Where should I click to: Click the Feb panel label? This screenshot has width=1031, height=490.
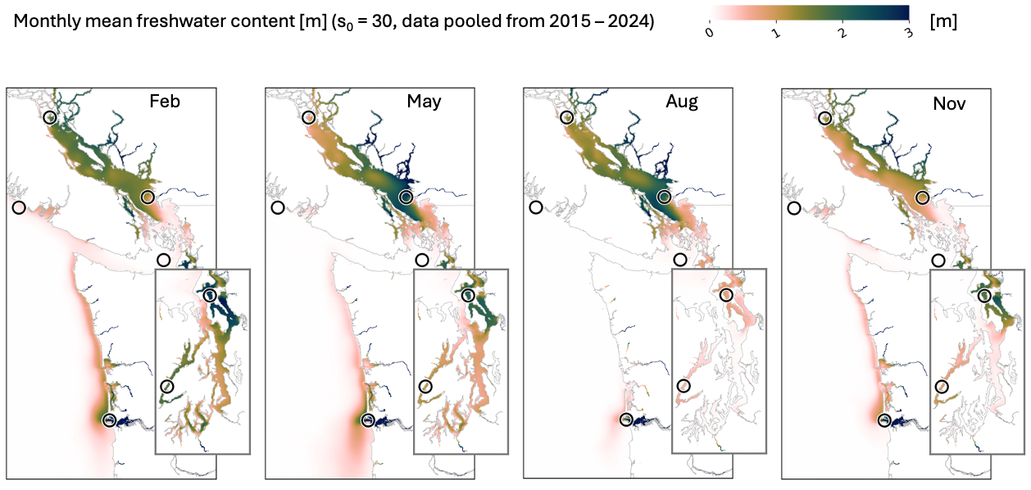click(x=165, y=102)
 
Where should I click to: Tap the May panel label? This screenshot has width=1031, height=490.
click(x=424, y=102)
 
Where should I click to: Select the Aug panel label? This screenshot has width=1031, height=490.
click(x=682, y=102)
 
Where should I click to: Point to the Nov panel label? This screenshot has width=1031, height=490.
click(x=949, y=103)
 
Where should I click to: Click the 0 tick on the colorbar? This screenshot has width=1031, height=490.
click(x=710, y=32)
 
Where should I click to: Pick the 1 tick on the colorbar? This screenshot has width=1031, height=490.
click(x=776, y=33)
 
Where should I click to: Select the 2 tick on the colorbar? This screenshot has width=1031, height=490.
click(x=843, y=33)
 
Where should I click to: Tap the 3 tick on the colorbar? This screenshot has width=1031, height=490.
click(x=909, y=33)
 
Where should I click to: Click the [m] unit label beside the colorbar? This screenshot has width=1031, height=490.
click(x=943, y=21)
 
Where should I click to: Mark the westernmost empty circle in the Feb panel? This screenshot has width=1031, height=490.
click(x=19, y=208)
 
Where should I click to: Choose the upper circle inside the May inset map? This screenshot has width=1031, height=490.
click(x=469, y=295)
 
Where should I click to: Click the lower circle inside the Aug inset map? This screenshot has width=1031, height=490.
click(x=684, y=386)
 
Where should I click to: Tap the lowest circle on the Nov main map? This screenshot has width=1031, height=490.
click(x=884, y=420)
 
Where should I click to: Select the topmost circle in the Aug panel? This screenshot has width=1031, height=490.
click(x=567, y=117)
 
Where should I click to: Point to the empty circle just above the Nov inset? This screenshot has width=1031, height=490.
click(x=938, y=261)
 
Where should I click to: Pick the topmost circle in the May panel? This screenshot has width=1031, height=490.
click(x=309, y=117)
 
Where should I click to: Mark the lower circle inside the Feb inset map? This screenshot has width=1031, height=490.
click(x=167, y=386)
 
